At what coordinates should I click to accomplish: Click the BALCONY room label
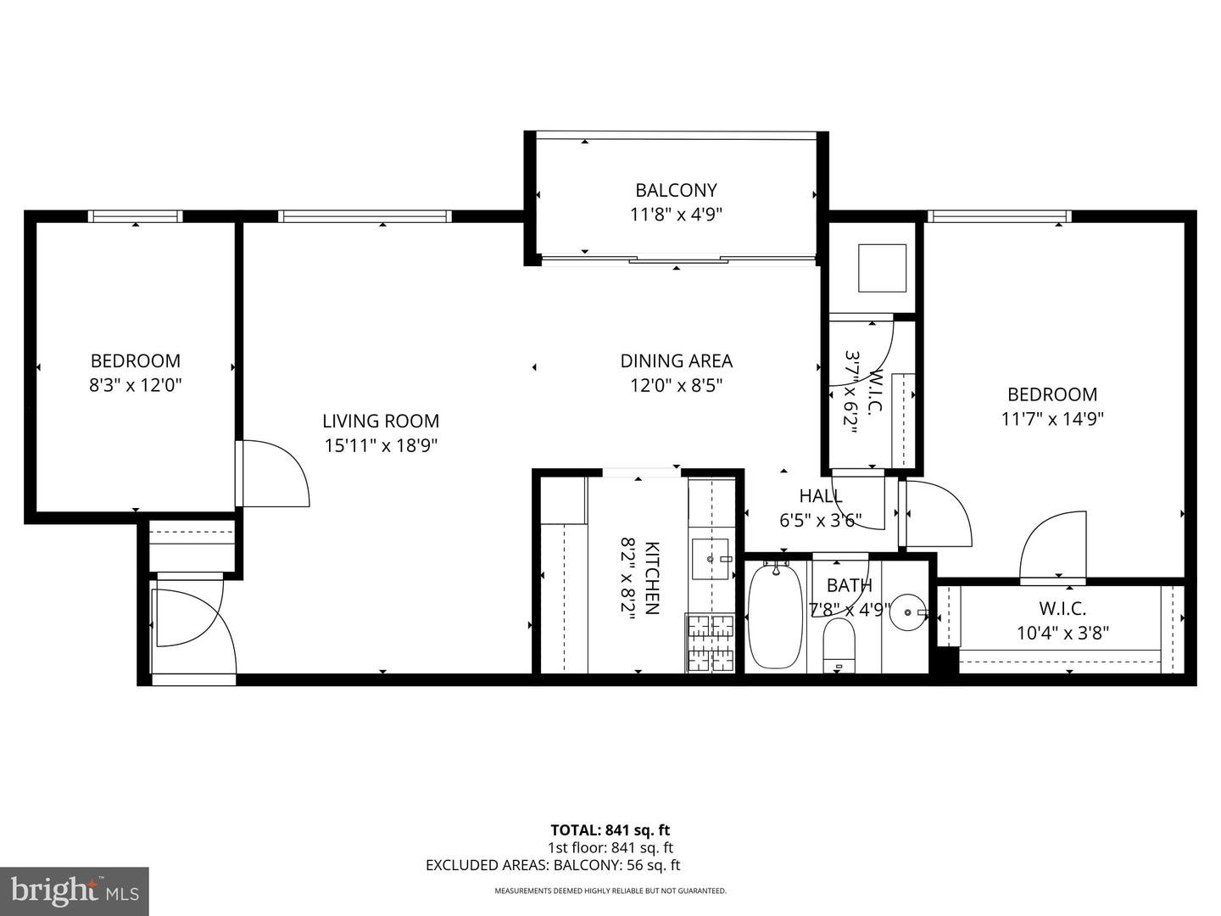click(676, 190)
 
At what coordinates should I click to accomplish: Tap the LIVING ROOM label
click(381, 421)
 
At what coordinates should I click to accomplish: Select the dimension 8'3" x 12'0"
click(136, 385)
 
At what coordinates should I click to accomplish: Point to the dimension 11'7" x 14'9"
click(1051, 419)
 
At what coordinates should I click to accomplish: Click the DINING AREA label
click(676, 360)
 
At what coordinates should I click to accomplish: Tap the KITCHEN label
click(652, 578)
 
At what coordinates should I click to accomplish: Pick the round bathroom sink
click(909, 612)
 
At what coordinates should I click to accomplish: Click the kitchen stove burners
click(711, 643)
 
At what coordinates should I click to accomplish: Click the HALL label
click(820, 495)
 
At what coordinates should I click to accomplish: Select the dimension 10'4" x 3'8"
click(1062, 633)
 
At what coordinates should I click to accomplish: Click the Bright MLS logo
click(75, 891)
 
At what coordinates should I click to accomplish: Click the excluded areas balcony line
click(553, 865)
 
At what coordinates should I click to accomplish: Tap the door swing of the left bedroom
click(273, 473)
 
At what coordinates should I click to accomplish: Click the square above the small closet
click(883, 268)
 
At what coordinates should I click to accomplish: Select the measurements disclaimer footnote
click(610, 891)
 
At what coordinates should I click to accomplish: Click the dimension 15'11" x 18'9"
click(381, 445)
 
